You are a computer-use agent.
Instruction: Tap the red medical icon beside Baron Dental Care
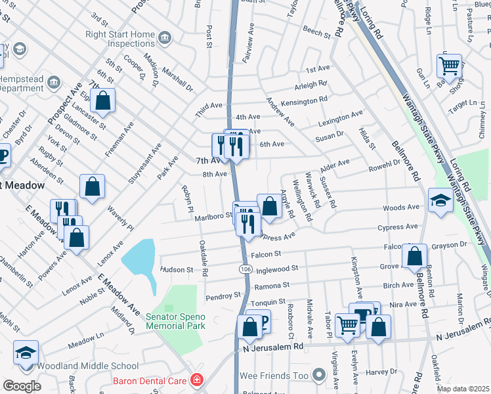pos(196,380)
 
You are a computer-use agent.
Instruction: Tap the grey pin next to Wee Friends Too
pos(319,376)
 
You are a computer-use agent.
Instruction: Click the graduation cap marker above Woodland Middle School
pos(26,353)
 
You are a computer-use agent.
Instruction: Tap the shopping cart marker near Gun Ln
pos(449,66)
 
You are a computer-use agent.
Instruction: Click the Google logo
pos(22,385)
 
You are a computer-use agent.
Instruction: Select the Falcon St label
pos(265,253)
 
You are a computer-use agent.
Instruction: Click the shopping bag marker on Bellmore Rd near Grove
pos(415,257)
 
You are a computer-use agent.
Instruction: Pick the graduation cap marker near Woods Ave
pos(440,201)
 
